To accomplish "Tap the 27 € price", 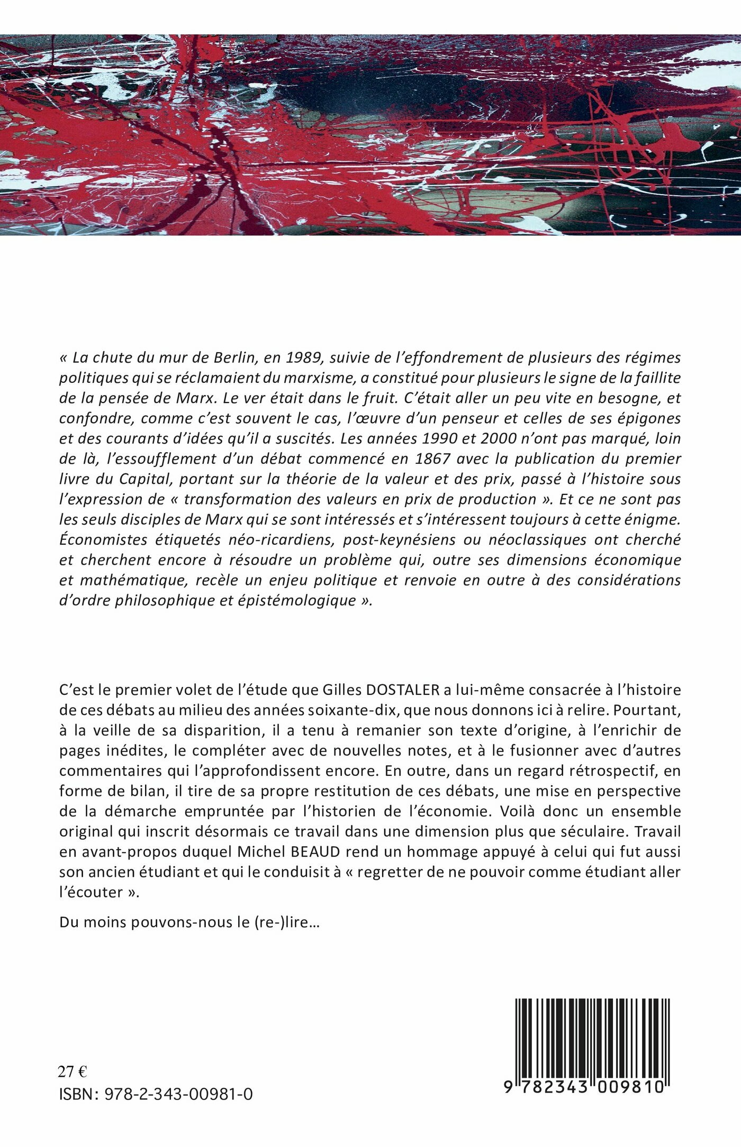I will (x=73, y=1072).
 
